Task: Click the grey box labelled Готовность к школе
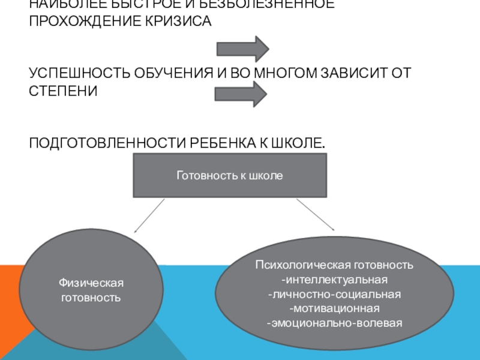coord(230,175)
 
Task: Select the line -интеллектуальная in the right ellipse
coord(334,280)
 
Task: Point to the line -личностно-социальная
coord(334,295)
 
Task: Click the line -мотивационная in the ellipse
coord(334,309)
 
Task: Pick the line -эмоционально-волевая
coord(334,323)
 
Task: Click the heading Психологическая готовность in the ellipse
coord(334,265)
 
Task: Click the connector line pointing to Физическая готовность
coord(149,215)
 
